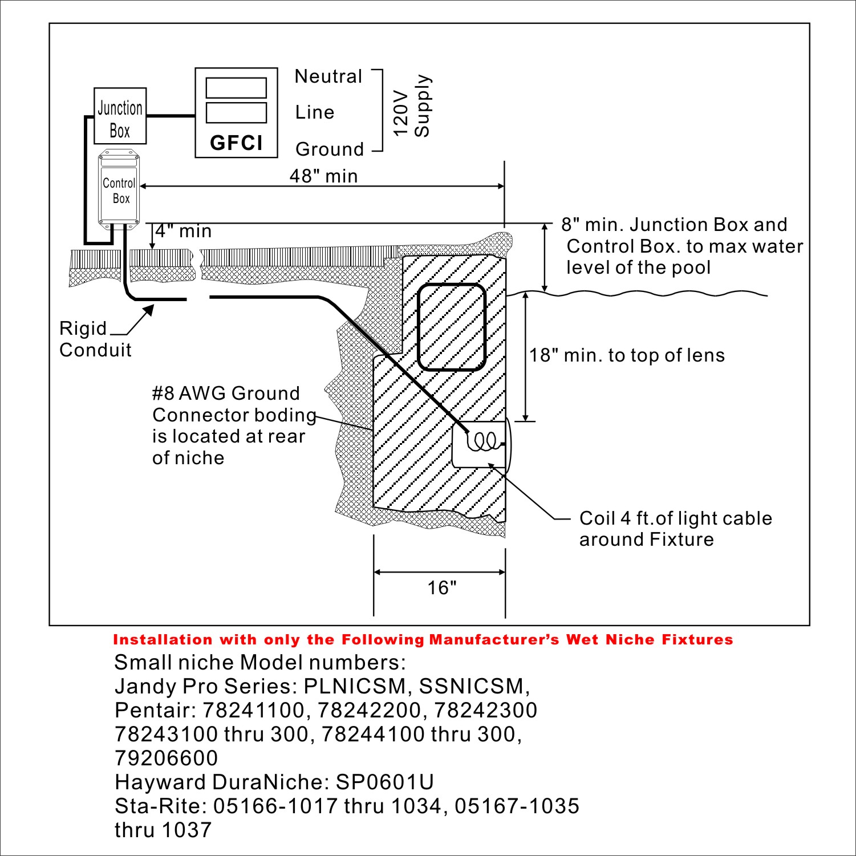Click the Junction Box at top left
(x=120, y=116)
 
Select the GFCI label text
(x=236, y=143)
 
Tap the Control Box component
(x=119, y=190)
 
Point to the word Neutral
(x=328, y=76)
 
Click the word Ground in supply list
(x=330, y=149)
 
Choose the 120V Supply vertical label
(x=412, y=106)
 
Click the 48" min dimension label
(x=324, y=176)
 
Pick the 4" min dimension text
(x=184, y=231)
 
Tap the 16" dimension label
(x=442, y=587)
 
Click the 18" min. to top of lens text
(x=627, y=355)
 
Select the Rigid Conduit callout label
(x=95, y=339)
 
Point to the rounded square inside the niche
(x=452, y=327)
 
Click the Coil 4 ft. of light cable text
(x=676, y=518)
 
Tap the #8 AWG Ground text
(x=226, y=393)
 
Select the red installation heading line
(x=423, y=640)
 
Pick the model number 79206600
(x=167, y=758)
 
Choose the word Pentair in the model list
(x=153, y=710)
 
